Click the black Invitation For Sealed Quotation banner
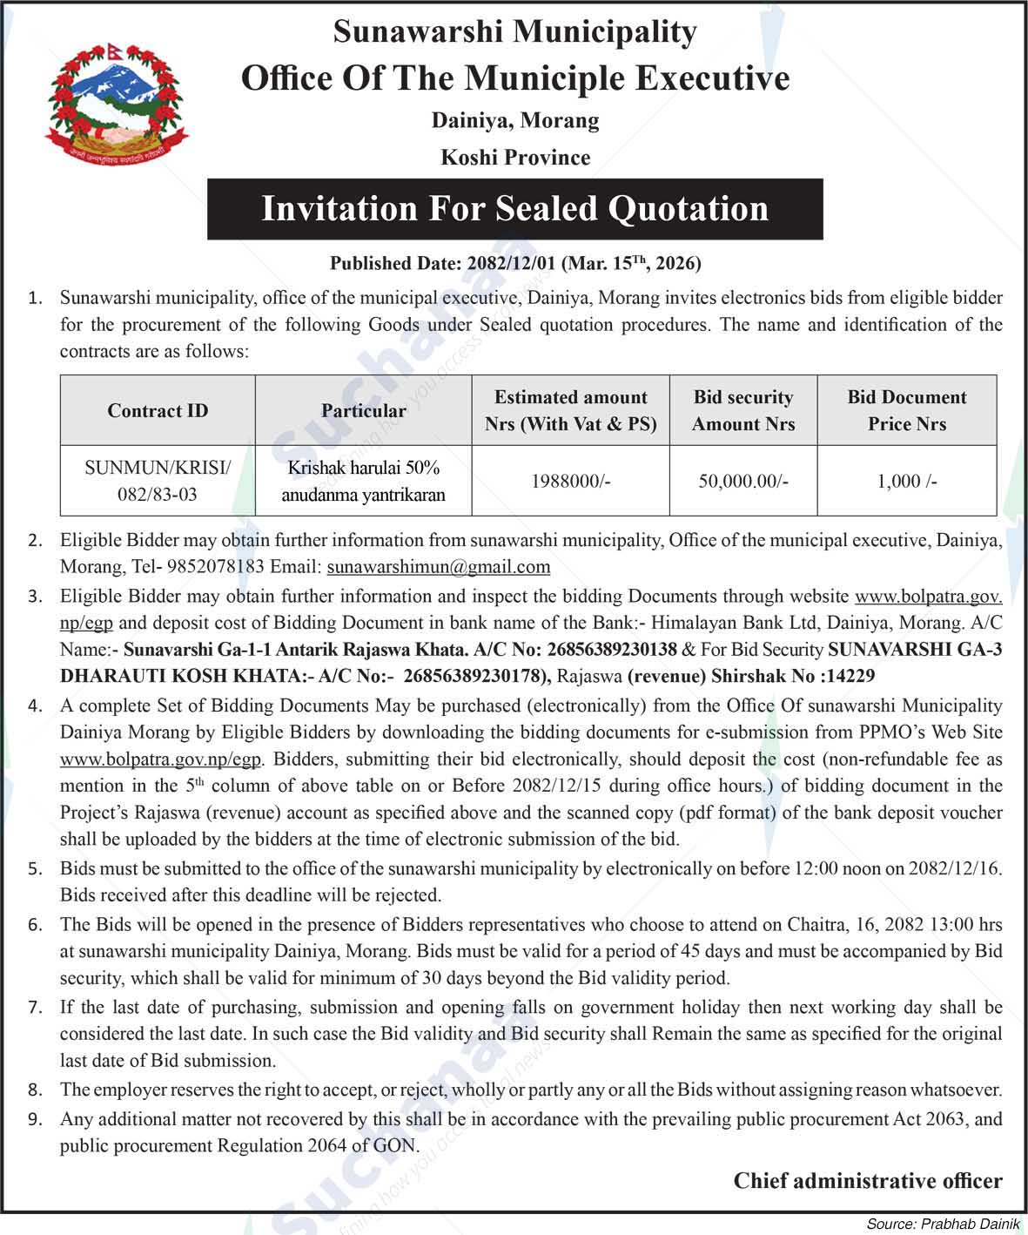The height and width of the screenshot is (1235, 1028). pos(514,209)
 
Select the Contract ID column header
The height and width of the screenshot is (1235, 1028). pos(158,411)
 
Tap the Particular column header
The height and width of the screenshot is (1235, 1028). pos(363,411)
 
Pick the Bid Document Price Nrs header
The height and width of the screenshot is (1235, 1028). pos(906,411)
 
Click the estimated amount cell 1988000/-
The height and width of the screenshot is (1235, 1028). pos(570,481)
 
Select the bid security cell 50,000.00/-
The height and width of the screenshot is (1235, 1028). pos(742,481)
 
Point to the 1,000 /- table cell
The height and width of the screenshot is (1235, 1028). pos(906,481)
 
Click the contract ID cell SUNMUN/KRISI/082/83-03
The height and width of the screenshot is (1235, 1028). pos(158,481)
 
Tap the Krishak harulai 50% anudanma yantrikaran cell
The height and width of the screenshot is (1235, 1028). pos(363,481)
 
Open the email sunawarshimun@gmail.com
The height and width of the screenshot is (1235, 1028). pos(438,567)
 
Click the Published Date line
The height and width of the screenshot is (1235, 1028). pos(514,263)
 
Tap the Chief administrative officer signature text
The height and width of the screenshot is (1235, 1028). pos(867,1181)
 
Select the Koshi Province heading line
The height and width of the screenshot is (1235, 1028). pos(514,158)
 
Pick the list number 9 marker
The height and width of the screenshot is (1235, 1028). pos(35,1119)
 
